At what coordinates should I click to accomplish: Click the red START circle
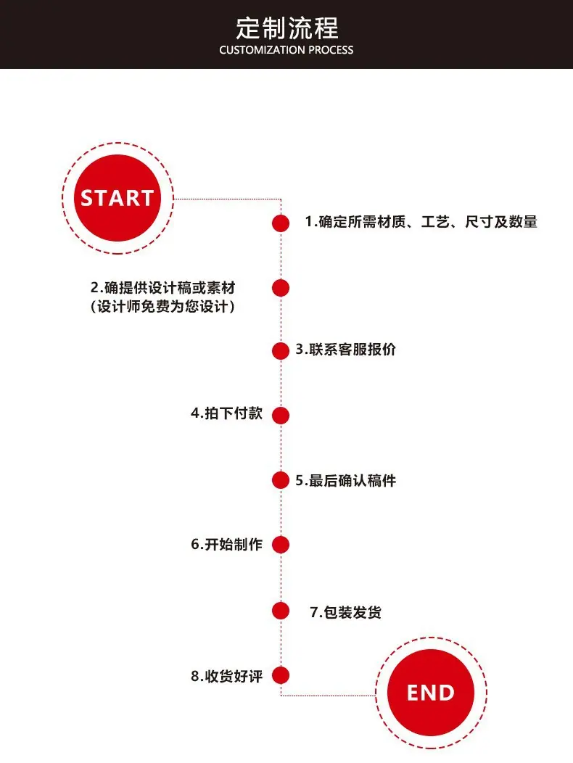point(118,198)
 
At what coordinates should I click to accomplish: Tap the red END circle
point(431,693)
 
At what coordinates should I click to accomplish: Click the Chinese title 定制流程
point(286,28)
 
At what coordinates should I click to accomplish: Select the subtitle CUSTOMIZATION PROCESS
point(286,50)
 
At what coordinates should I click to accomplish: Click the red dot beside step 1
point(281,223)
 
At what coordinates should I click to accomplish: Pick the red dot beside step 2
point(281,288)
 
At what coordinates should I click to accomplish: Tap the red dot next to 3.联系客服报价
point(281,351)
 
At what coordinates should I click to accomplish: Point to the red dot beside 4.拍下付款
point(281,416)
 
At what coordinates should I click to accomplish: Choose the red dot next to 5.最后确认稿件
point(281,480)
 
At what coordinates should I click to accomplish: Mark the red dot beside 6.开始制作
point(281,545)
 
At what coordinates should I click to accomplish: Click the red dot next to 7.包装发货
point(281,611)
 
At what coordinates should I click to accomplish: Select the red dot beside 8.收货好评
point(281,675)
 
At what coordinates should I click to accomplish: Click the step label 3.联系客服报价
point(346,350)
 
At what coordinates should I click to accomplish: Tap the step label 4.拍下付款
point(227,413)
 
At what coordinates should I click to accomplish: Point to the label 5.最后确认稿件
point(346,481)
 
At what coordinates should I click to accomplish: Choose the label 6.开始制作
point(227,544)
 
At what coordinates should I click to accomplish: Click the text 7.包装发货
point(346,612)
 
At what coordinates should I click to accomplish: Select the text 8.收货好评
point(227,676)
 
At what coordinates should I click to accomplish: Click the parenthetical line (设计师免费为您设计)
point(162,307)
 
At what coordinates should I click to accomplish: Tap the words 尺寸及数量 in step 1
point(501,222)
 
